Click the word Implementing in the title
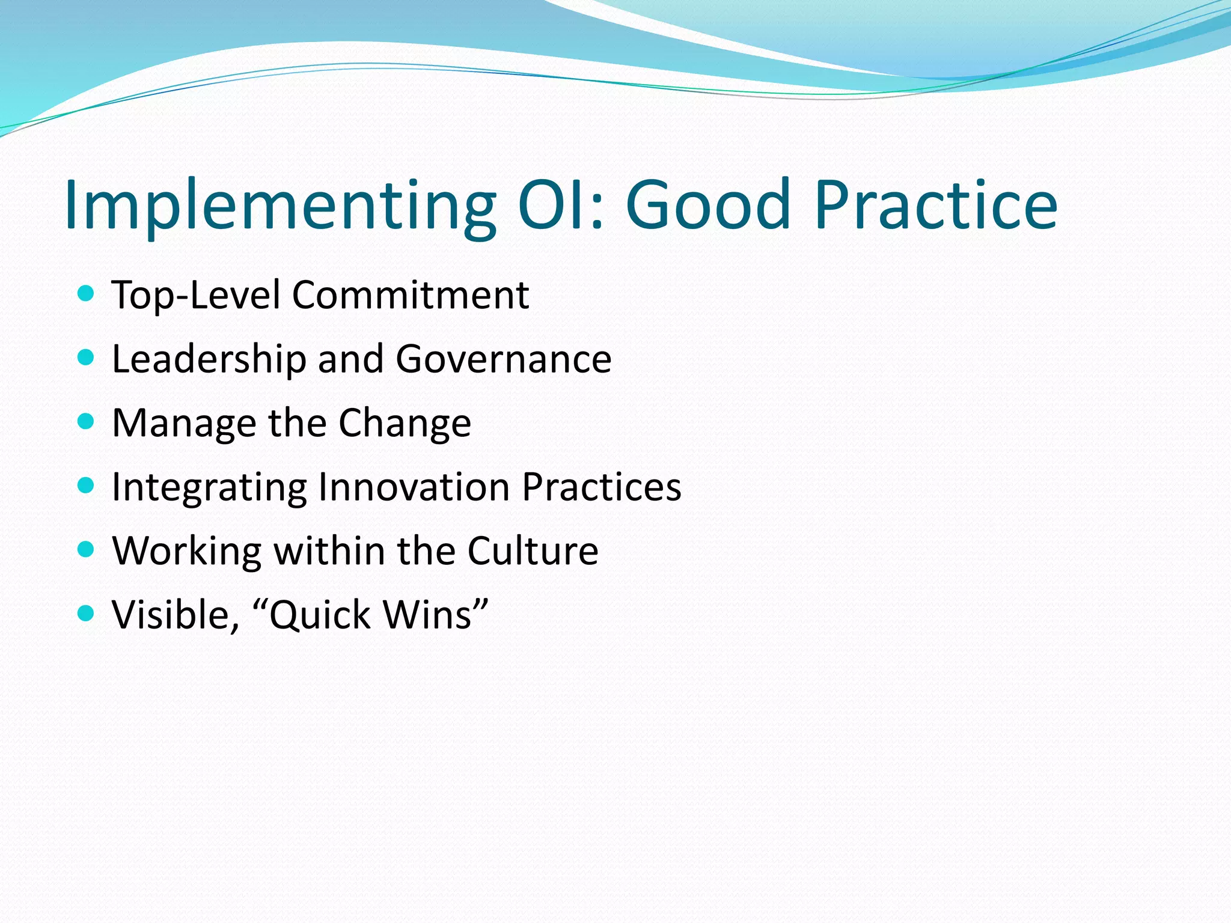279,206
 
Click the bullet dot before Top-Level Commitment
87,294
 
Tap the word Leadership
209,359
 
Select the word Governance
504,359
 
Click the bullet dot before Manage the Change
87,422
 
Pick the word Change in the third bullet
405,424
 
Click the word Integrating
209,487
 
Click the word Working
187,551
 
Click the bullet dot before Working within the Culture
87,550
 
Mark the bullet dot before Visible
87,614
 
